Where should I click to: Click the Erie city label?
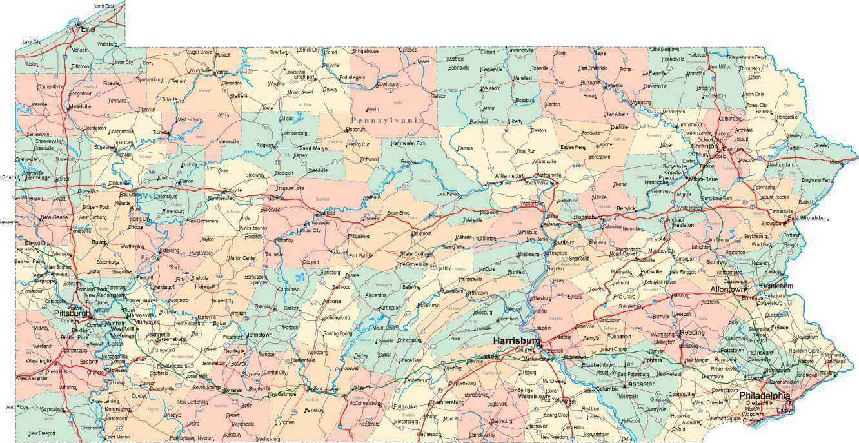click(88, 29)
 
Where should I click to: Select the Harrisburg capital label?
click(516, 340)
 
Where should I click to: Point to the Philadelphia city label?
click(764, 395)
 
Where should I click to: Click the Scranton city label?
click(704, 146)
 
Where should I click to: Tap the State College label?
click(416, 253)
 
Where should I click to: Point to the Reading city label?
click(692, 333)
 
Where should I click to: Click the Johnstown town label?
click(259, 335)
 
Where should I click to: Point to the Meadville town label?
click(81, 106)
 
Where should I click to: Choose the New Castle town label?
click(55, 217)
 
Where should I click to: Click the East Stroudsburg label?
click(809, 218)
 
